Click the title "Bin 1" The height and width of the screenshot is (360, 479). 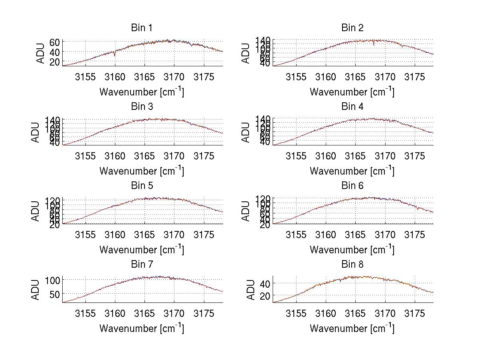click(x=141, y=28)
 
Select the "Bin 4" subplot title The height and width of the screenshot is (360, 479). click(x=352, y=107)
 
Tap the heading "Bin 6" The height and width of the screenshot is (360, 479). click(x=352, y=186)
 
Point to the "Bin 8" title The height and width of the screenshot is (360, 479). click(x=352, y=265)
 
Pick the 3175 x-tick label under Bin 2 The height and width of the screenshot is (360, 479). click(x=414, y=77)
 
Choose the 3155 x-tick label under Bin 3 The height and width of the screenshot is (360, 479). click(x=85, y=156)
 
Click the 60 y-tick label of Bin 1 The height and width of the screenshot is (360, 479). click(x=55, y=42)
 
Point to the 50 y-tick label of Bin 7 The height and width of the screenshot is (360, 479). click(x=55, y=294)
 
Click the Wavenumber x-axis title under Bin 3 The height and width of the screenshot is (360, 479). click(x=142, y=171)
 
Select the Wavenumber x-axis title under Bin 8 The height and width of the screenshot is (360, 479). click(x=352, y=328)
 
